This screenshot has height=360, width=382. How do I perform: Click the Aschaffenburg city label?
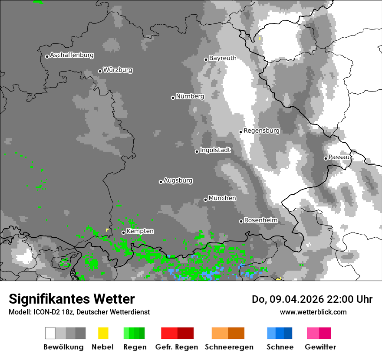72,56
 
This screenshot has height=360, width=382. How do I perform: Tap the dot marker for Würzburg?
100,71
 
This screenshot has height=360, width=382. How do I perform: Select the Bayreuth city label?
223,58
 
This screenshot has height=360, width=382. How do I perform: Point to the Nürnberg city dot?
173,98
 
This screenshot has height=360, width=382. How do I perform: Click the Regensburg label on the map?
261,131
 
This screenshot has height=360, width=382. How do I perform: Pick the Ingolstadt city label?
215,151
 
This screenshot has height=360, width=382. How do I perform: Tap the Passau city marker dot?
326,158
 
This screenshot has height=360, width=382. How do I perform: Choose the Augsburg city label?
178,180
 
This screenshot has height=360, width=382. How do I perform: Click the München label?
222,198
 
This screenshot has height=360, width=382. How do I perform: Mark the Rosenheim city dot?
241,221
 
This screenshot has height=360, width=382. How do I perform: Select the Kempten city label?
140,232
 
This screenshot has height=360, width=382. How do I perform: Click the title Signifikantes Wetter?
72,299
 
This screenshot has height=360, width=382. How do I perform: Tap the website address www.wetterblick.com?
313,312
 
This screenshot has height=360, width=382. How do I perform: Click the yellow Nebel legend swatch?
103,333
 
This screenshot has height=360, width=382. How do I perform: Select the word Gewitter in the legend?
320,347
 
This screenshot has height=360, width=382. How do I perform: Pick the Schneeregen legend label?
229,347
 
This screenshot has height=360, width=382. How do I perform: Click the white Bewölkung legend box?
50,333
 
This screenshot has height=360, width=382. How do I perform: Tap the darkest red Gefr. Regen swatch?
185,333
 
